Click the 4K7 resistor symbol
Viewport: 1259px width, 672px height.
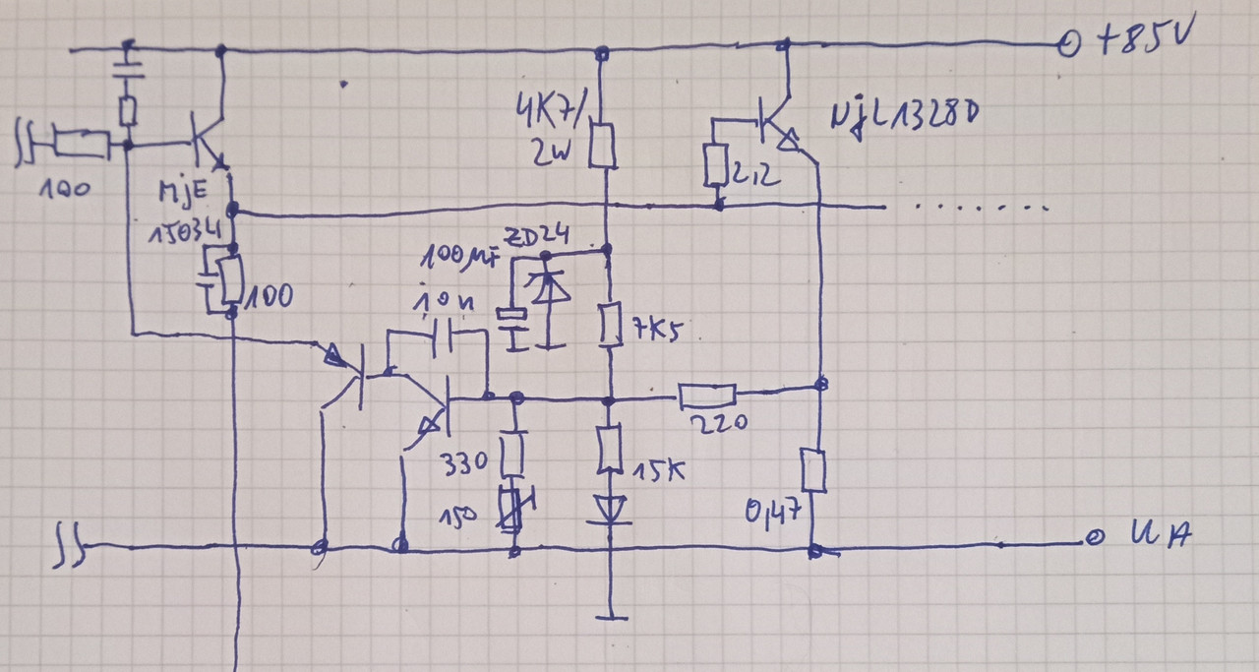603,146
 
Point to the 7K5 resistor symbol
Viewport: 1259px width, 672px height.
611,327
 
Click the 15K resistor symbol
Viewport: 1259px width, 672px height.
611,450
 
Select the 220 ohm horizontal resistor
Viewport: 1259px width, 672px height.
706,396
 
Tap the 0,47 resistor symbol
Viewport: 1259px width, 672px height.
813,470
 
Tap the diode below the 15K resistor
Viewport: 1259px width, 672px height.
611,509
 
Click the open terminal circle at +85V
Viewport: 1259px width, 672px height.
1066,44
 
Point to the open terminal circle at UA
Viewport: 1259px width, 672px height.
1092,538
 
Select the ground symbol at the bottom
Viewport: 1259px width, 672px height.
612,616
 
